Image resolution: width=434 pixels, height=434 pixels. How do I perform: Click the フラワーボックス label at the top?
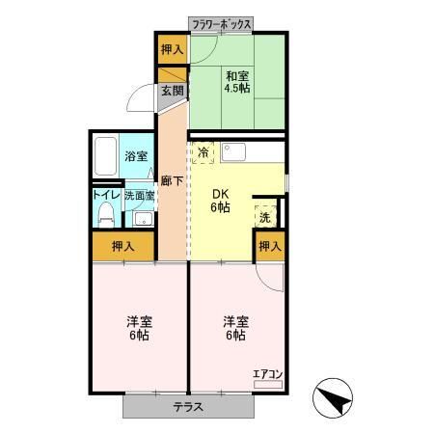pos(222,23)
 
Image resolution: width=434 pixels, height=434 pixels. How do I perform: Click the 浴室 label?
pos(135,157)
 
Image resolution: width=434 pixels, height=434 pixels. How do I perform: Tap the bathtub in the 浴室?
pos(105,157)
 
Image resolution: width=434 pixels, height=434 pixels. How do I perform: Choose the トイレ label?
pos(104,194)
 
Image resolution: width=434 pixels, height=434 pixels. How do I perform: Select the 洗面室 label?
pos(139,194)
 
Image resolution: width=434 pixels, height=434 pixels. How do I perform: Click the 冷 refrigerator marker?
pos(203,152)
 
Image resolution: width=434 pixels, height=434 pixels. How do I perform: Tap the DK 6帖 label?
pos(221,199)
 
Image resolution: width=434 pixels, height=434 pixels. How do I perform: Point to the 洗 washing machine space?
pos(265,217)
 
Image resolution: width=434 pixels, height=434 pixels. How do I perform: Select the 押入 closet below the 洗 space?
pos(270,247)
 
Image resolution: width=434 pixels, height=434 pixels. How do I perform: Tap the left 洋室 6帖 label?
pos(137,328)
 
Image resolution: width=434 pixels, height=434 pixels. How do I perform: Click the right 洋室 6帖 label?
pos(234,328)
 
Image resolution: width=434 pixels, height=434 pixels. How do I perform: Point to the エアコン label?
pos(265,372)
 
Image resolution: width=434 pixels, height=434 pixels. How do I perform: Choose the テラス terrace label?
pos(188,406)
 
